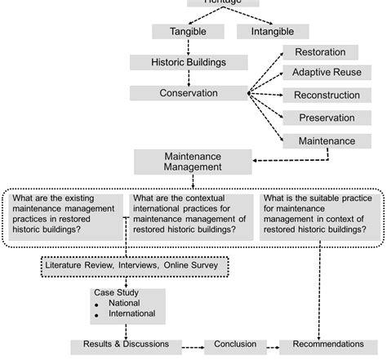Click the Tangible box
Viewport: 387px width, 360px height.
188,32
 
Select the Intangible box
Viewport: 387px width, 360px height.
273,32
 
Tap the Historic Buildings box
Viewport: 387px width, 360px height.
189,62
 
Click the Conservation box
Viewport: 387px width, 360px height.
189,93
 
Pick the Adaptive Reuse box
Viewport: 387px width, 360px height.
327,73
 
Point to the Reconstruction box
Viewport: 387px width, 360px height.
327,96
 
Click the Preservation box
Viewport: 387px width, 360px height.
327,118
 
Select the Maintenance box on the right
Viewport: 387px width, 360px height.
327,140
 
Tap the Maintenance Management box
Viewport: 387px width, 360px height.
193,160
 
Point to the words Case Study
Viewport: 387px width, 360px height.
115,292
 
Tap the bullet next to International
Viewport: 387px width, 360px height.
97,315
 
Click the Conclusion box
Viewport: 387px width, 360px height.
234,345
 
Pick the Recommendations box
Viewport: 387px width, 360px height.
328,345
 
